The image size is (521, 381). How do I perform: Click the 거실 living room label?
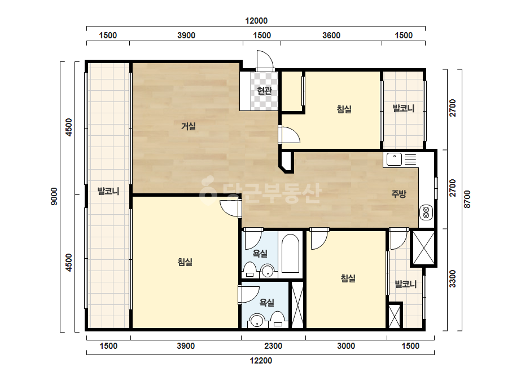coord(189,126)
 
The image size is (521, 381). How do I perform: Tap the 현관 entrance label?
coord(265,90)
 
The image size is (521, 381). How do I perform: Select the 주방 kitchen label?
coord(399,193)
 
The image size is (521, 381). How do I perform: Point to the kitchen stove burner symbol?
coord(426,212)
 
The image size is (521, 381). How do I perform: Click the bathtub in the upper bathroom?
coord(290,254)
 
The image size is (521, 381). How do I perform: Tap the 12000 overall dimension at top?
coord(256,21)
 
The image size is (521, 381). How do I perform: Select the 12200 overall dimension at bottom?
coord(261,360)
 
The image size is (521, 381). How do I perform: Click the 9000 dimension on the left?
coord(54,196)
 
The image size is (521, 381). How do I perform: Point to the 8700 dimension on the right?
coord(467,199)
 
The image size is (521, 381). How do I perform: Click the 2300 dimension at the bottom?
coord(273,346)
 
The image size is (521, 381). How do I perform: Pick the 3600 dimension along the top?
coord(331,35)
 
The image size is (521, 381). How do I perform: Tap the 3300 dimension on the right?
coord(452,279)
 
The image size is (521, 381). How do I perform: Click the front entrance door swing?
coord(265,60)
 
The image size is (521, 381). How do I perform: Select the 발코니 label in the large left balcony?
coord(108,191)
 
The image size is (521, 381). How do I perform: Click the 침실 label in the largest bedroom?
coord(185,262)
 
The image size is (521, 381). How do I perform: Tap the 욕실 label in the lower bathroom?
coord(266,302)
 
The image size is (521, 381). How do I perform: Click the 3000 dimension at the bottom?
coord(346,346)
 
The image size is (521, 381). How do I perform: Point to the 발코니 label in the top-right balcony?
coord(404,108)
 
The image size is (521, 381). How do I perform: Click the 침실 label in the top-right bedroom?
coord(344,109)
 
